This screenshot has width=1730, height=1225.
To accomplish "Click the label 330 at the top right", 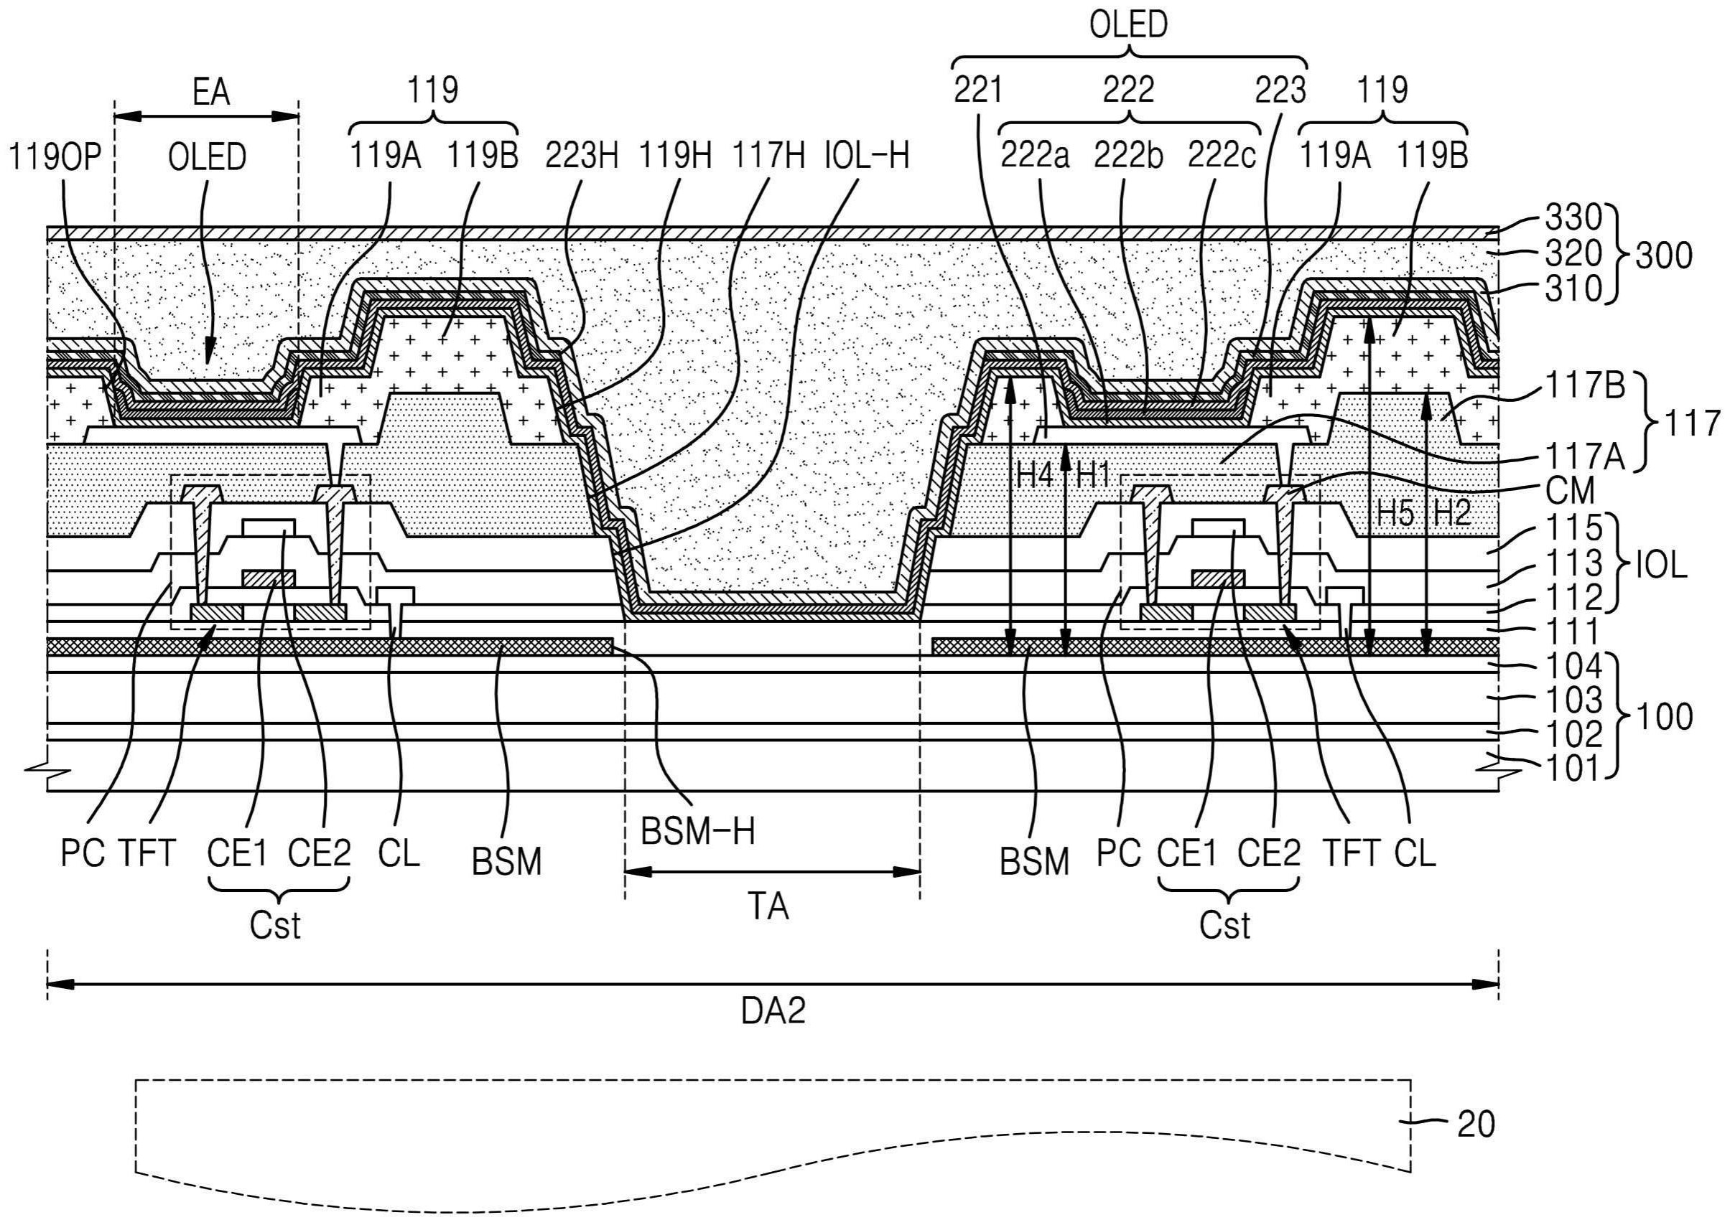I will tap(1572, 218).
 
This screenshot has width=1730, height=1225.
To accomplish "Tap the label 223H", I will tap(581, 157).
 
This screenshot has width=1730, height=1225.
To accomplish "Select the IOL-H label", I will tap(866, 157).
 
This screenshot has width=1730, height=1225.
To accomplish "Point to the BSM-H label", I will tap(697, 832).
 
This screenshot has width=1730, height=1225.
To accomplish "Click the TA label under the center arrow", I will tap(768, 906).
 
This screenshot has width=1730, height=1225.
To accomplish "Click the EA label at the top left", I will tap(210, 93).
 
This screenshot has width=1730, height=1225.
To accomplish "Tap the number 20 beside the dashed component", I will tap(1476, 1125).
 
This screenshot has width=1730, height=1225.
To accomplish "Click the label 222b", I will tap(1128, 157).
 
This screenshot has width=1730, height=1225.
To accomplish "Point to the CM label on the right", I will tap(1569, 492).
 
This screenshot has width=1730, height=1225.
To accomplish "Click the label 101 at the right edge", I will tap(1573, 769).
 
